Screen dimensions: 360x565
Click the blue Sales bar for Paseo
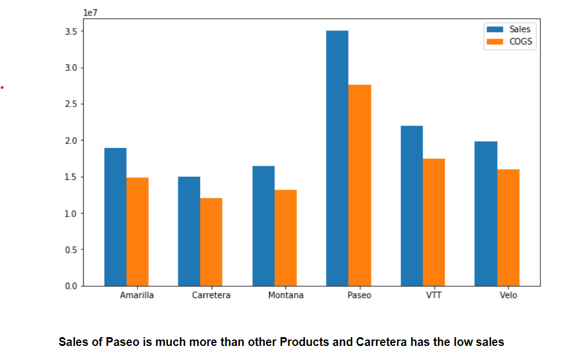[x=337, y=158]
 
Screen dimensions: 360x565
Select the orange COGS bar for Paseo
[x=360, y=185]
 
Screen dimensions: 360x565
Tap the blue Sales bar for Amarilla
[x=115, y=217]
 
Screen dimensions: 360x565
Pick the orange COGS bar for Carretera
[x=211, y=242]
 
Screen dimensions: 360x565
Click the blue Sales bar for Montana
[x=263, y=226]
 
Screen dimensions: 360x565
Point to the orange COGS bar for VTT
[x=434, y=222]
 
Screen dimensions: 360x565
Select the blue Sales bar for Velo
[x=485, y=214]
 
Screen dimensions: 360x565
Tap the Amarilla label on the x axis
[x=137, y=295]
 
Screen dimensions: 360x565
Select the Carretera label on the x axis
[x=211, y=295]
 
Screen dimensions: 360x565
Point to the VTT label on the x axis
[x=433, y=295]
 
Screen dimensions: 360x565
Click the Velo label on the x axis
[x=508, y=295]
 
